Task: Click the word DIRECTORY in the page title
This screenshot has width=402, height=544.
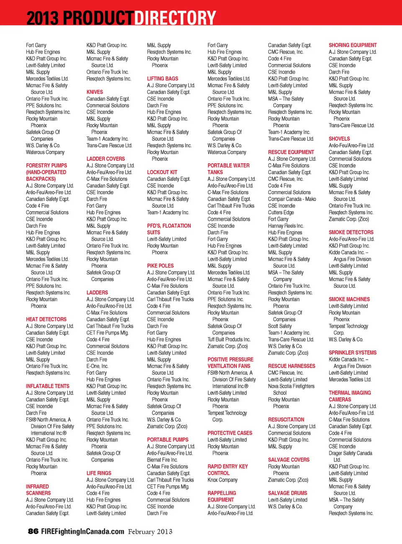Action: coord(175,18)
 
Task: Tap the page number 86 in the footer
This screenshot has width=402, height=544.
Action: coord(33,531)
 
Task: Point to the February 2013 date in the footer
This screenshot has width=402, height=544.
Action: coord(150,531)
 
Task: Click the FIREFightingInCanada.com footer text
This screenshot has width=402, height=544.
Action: coord(83,531)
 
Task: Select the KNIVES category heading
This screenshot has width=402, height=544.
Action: coord(95,92)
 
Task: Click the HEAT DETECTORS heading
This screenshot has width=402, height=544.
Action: coord(46,319)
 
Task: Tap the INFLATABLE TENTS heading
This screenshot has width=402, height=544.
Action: coord(47,386)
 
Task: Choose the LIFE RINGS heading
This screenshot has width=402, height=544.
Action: coord(99,473)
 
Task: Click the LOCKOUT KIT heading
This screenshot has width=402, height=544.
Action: coord(162,172)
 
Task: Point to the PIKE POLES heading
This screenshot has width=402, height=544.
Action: coord(160,266)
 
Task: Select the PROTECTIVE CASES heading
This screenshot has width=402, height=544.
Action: coord(230,433)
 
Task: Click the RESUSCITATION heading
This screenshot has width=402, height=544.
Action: coord(286,420)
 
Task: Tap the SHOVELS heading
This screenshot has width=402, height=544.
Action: coord(339,139)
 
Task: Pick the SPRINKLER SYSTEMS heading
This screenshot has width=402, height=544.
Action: coord(353,352)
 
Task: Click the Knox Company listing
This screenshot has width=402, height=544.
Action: coord(222,480)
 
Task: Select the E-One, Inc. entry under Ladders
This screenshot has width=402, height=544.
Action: coord(97,366)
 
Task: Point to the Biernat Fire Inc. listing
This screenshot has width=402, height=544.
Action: coord(162,460)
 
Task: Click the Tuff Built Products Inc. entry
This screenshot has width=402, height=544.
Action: coord(229,339)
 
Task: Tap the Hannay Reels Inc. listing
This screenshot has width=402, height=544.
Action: coord(286,226)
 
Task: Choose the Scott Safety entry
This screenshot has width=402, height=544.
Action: coord(280,326)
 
